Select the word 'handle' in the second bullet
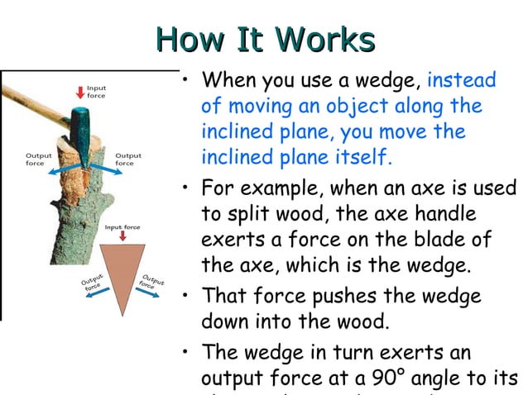[x=443, y=214]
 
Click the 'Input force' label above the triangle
[x=121, y=226]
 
